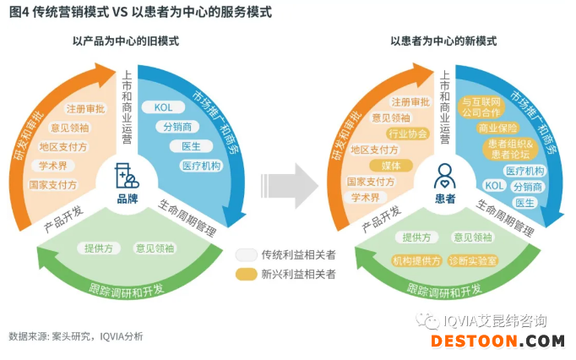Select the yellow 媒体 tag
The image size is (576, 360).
coord(391,166)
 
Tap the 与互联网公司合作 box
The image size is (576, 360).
coord(481,107)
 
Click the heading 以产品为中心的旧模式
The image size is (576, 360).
coord(126,41)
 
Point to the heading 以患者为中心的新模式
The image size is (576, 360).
coord(443,41)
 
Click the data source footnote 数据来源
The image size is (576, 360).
coord(76,336)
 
